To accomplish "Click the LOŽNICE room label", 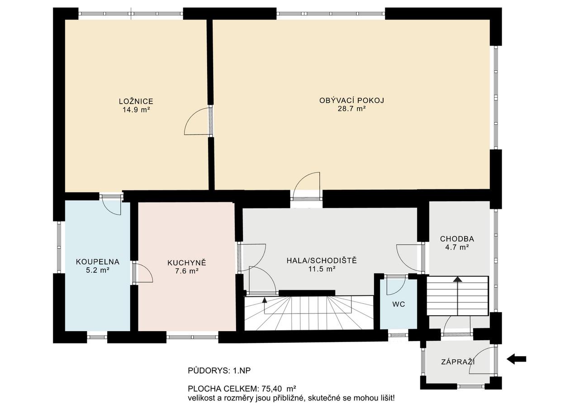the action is click(136, 101).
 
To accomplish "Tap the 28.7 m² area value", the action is click(351, 109).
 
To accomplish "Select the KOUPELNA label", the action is click(98, 262).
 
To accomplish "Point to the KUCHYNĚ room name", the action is click(187, 263).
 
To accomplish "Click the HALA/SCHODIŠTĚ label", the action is click(322, 260).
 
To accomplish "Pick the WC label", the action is click(399, 304).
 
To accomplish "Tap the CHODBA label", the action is click(457, 239).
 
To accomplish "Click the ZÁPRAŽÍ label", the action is click(458, 362).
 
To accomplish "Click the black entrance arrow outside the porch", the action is click(516, 359).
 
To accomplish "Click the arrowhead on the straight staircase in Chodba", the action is click(458, 279).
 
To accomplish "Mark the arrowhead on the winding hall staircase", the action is click(265, 300).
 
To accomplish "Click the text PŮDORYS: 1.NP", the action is click(219, 371).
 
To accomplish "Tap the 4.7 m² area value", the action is click(457, 247).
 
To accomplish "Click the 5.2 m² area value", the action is click(97, 270).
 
